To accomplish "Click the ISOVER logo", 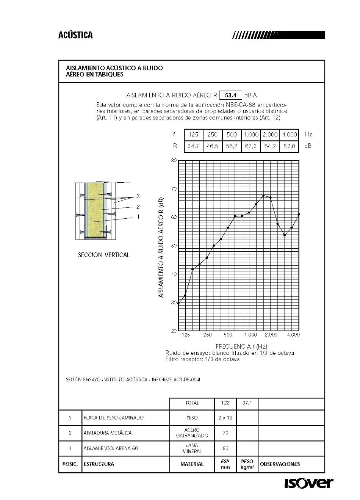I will pyautogui.click(x=309, y=483).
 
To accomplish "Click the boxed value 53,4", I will pyautogui.click(x=230, y=95).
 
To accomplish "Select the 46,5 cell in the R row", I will pyautogui.click(x=212, y=146).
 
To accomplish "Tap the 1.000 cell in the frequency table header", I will pyautogui.click(x=251, y=135).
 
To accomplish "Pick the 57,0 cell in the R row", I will pyautogui.click(x=289, y=146).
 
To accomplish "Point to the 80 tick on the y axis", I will pyautogui.click(x=174, y=160).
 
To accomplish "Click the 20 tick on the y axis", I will pyautogui.click(x=174, y=331).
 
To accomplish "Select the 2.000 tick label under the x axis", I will pyautogui.click(x=271, y=335).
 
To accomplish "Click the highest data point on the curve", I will pyautogui.click(x=263, y=196).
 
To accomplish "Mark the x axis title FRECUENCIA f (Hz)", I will pyautogui.click(x=241, y=346).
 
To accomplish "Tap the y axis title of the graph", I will pyautogui.click(x=161, y=248).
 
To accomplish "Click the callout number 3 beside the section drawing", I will pyautogui.click(x=138, y=196).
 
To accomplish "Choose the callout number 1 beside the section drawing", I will pyautogui.click(x=138, y=217).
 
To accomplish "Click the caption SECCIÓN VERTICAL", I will pyautogui.click(x=103, y=255).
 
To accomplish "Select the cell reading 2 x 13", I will pyautogui.click(x=225, y=418).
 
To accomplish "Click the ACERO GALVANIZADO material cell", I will pyautogui.click(x=192, y=433).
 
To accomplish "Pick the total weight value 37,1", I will pyautogui.click(x=247, y=403).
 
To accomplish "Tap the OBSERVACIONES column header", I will pyautogui.click(x=280, y=464).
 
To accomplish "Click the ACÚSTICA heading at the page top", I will pyautogui.click(x=75, y=35).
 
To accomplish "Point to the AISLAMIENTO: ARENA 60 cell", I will pyautogui.click(x=111, y=448).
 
